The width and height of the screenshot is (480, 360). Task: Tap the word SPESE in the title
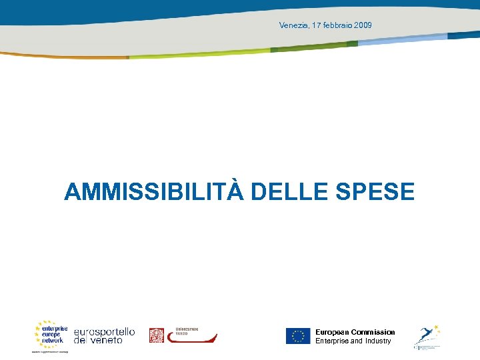click(x=379, y=192)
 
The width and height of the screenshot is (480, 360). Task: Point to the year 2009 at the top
click(x=363, y=25)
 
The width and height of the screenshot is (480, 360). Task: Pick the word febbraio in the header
click(x=337, y=25)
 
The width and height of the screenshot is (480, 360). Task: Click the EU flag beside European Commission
click(x=298, y=336)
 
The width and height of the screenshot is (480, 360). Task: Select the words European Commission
click(x=355, y=332)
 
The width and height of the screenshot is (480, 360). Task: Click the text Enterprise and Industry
click(x=353, y=341)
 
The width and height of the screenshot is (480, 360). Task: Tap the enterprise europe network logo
click(x=51, y=333)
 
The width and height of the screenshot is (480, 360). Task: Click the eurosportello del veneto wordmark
click(x=104, y=335)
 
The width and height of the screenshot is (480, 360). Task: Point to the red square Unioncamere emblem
click(x=156, y=335)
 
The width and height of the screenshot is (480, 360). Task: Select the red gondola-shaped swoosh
click(x=191, y=339)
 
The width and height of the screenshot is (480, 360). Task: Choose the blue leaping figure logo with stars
click(x=426, y=335)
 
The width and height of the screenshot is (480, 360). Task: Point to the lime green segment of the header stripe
click(x=200, y=54)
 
